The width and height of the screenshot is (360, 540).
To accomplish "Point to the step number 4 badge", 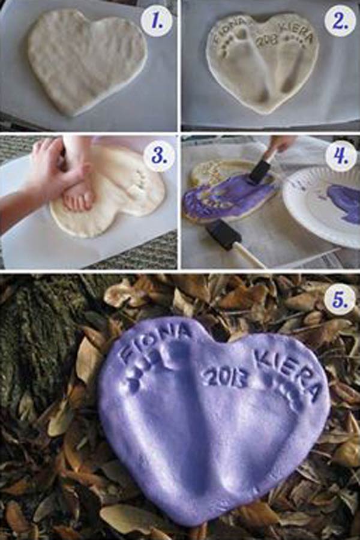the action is pos(340,155).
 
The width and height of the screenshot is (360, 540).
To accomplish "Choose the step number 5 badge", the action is pos(340,301).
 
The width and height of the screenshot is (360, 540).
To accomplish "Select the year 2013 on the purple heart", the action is pos(226,377).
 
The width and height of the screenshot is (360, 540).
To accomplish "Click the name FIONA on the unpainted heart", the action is pos(229,29).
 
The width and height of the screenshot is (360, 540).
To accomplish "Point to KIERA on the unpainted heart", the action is pos(298,33).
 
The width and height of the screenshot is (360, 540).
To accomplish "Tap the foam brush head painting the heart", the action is pos(257,174).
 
